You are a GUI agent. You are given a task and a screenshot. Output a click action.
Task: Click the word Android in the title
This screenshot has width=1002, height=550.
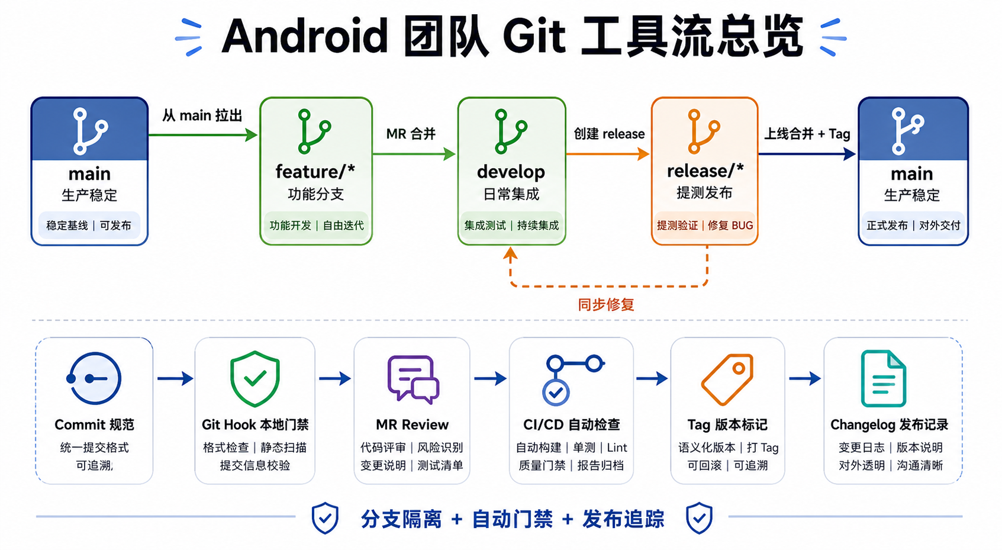305,36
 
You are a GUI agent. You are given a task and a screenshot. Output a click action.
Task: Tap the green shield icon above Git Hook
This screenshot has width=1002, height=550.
255,378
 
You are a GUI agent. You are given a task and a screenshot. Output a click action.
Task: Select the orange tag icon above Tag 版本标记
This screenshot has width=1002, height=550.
727,379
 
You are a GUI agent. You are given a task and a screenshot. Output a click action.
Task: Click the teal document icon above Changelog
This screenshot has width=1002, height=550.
884,378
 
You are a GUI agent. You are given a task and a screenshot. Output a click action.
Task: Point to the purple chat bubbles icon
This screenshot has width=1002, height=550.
413,379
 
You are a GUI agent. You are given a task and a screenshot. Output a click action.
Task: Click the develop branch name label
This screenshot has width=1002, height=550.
511,172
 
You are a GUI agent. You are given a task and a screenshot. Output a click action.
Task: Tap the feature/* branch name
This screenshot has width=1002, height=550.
315,172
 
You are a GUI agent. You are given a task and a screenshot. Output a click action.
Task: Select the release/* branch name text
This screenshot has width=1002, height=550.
705,171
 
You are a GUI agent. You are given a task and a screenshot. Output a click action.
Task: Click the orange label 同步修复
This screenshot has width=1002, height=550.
606,305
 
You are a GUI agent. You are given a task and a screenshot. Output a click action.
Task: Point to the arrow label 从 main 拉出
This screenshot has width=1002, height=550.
202,115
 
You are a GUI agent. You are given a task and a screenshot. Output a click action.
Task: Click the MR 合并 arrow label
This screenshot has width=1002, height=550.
411,134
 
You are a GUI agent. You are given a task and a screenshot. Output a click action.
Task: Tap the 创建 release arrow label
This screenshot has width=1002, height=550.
609,134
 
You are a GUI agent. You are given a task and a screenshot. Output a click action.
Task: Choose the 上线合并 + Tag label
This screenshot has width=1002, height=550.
807,134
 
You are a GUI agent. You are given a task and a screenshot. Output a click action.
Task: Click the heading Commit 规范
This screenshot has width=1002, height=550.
94,424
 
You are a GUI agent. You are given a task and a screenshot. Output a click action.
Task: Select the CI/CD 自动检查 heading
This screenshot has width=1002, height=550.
572,424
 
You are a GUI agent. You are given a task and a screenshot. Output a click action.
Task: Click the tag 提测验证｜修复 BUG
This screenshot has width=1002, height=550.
705,226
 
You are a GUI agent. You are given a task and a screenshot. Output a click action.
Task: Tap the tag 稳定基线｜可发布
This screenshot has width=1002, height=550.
89,226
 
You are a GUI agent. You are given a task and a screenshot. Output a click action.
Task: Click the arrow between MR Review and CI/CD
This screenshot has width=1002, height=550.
490,378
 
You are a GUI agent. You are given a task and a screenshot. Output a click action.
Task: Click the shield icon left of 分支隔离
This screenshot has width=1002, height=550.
325,518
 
